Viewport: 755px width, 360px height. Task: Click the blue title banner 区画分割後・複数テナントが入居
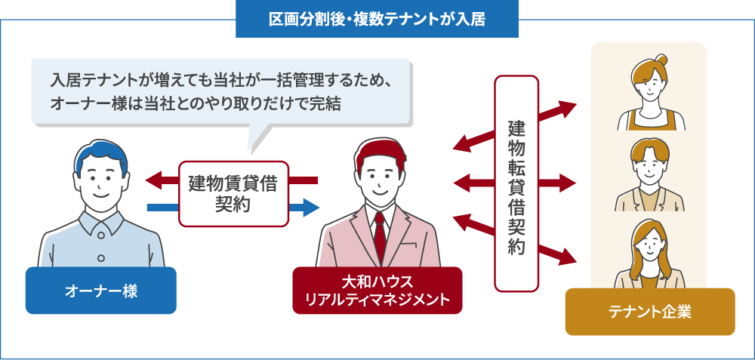click(377, 19)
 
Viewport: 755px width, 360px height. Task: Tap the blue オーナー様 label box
click(100, 291)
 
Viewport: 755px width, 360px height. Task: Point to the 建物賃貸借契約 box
click(233, 193)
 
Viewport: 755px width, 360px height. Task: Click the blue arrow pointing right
click(307, 207)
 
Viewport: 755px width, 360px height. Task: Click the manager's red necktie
click(380, 234)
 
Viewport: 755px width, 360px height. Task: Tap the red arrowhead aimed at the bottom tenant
click(568, 256)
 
